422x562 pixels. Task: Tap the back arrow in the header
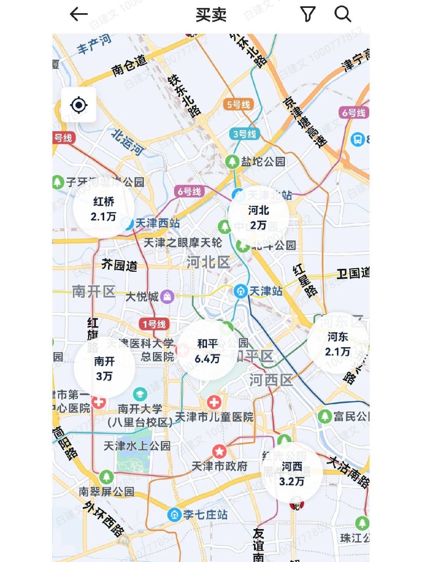pyautogui.click(x=79, y=14)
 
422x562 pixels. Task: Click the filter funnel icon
pyautogui.click(x=308, y=14)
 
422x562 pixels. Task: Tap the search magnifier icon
pyautogui.click(x=342, y=14)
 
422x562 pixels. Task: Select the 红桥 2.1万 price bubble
pyautogui.click(x=104, y=209)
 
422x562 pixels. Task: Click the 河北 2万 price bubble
pyautogui.click(x=258, y=217)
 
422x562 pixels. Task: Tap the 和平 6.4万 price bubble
pyautogui.click(x=207, y=351)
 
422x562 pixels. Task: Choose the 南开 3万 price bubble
pyautogui.click(x=104, y=368)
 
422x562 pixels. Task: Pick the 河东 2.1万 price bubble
pyautogui.click(x=338, y=344)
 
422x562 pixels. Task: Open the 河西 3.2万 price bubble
pyautogui.click(x=292, y=474)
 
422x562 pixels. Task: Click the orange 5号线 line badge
pyautogui.click(x=238, y=104)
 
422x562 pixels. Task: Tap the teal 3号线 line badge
pyautogui.click(x=244, y=134)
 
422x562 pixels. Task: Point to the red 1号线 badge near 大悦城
pyautogui.click(x=154, y=324)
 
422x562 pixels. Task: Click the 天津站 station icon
pyautogui.click(x=240, y=291)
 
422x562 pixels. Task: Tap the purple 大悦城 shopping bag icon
pyautogui.click(x=167, y=297)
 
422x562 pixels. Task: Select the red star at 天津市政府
pyautogui.click(x=219, y=451)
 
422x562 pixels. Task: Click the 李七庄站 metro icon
pyautogui.click(x=174, y=514)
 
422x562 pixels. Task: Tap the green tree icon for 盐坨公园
pyautogui.click(x=232, y=162)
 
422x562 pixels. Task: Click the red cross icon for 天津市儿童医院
pyautogui.click(x=214, y=402)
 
